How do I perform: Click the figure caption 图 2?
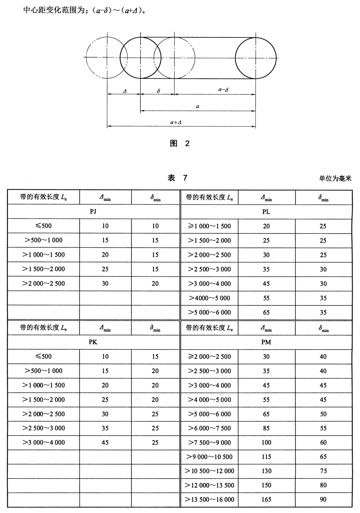pyautogui.click(x=180, y=143)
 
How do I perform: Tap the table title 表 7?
pyautogui.click(x=177, y=178)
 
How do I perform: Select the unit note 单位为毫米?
pyautogui.click(x=335, y=178)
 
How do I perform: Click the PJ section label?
pyautogui.click(x=93, y=211)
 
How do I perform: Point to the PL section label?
pyautogui.click(x=266, y=212)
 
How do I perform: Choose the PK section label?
pyautogui.click(x=93, y=342)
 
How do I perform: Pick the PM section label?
pyautogui.click(x=266, y=342)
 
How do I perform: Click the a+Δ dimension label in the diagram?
pyautogui.click(x=176, y=122)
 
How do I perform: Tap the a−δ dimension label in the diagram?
pyautogui.click(x=223, y=89)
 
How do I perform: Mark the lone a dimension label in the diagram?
pyautogui.click(x=197, y=106)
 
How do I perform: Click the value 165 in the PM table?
pyautogui.click(x=266, y=500)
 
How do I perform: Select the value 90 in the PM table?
pyautogui.click(x=323, y=500)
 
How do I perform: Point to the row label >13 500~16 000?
pyautogui.click(x=210, y=500)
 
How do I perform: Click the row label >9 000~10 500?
pyautogui.click(x=210, y=457)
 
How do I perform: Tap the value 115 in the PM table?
pyautogui.click(x=266, y=457)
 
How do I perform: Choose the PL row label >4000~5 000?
pyautogui.click(x=210, y=298)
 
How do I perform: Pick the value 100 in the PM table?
pyautogui.click(x=266, y=443)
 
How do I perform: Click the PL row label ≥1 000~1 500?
pyautogui.click(x=210, y=226)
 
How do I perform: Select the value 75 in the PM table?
pyautogui.click(x=323, y=471)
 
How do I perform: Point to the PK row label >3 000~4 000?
pyautogui.click(x=44, y=443)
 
